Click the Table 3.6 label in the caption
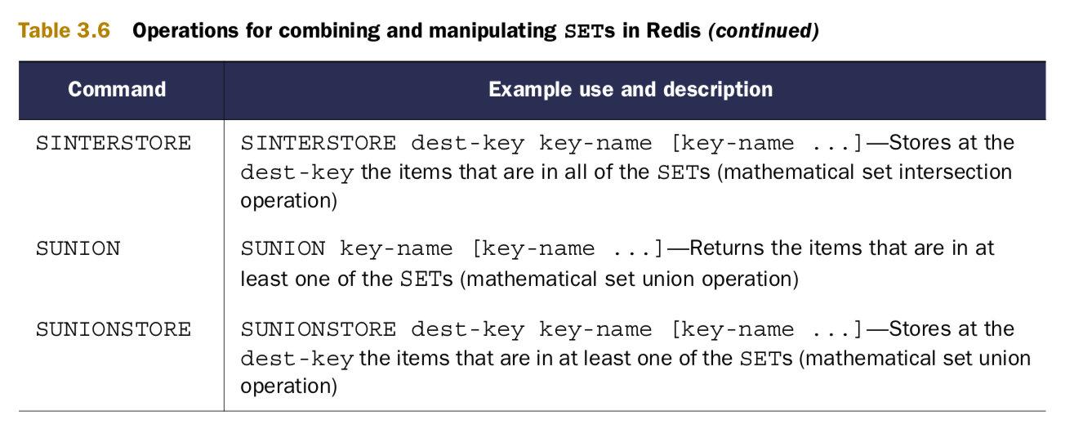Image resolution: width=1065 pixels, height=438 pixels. (64, 31)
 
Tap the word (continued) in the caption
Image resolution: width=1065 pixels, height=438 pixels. (763, 31)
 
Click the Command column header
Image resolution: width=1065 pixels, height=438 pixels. (117, 89)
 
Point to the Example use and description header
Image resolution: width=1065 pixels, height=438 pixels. (631, 89)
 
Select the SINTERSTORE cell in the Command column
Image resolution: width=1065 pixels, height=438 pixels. (114, 144)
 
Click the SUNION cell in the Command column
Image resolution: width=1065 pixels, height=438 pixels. (78, 248)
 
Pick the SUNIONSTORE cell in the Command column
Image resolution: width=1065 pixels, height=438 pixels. (114, 329)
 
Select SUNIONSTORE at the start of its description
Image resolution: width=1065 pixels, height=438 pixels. (319, 329)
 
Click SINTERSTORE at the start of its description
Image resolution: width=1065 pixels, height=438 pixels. (319, 144)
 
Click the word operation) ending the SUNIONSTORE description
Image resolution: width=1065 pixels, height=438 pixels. (288, 386)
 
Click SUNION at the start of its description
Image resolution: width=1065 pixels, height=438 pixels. (283, 248)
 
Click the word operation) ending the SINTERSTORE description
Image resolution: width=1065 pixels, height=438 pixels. (288, 201)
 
